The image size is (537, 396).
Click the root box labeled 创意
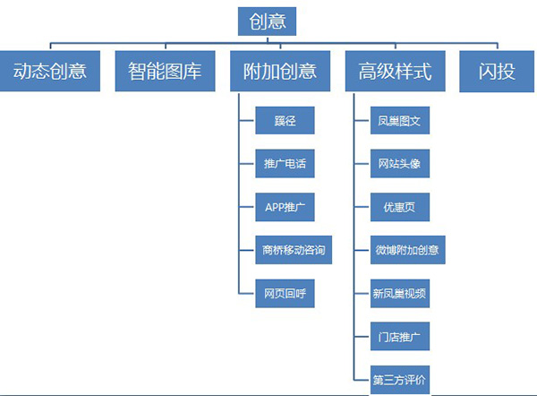point(268,21)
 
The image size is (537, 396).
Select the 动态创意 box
point(50,72)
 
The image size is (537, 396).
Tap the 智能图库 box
point(166,72)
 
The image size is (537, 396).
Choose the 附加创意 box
point(280,72)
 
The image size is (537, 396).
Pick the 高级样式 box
point(395,72)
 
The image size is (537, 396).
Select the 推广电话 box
point(286,165)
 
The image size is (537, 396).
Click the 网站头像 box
point(400,165)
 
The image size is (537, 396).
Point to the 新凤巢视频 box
point(400,293)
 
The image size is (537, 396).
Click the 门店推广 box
point(400,337)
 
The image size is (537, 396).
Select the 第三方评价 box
point(400,379)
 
